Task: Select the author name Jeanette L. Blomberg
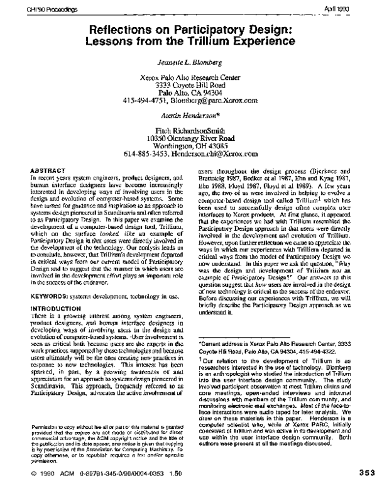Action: (188, 62)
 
